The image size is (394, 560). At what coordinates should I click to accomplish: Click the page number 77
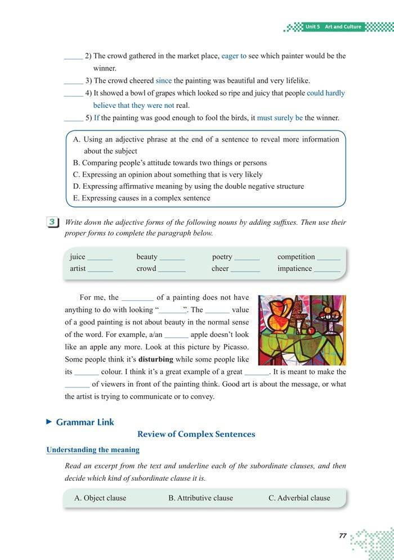click(x=342, y=535)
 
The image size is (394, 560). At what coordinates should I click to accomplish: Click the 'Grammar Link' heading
click(x=84, y=422)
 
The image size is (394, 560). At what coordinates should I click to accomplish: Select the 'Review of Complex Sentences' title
click(x=196, y=434)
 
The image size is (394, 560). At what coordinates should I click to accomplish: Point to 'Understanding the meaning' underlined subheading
click(x=93, y=450)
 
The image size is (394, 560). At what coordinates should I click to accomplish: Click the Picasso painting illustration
click(x=302, y=330)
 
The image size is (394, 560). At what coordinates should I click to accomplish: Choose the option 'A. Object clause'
click(x=100, y=498)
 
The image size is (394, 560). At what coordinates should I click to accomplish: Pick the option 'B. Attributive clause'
click(x=200, y=498)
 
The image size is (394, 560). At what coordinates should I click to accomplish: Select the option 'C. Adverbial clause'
click(x=299, y=498)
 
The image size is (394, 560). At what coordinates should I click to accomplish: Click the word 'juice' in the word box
click(x=78, y=256)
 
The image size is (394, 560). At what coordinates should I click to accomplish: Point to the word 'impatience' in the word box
click(x=294, y=268)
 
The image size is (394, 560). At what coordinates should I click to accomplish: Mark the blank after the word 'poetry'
click(x=247, y=258)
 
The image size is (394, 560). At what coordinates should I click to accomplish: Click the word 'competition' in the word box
click(x=296, y=256)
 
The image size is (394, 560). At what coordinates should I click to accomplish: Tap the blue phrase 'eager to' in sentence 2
click(x=234, y=56)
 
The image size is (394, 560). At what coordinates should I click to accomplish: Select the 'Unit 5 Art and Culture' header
click(x=333, y=27)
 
